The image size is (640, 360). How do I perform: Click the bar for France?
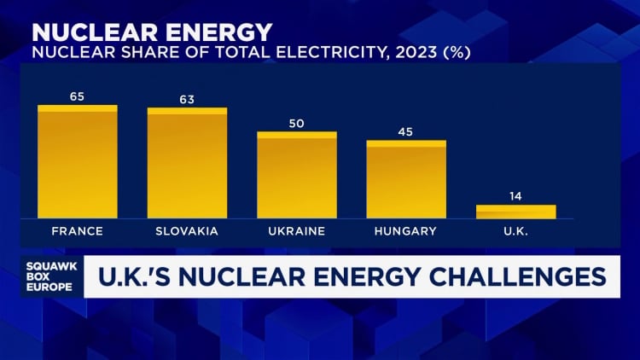click(77, 162)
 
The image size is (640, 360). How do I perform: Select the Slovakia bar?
click(187, 163)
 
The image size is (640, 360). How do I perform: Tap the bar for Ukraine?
click(297, 175)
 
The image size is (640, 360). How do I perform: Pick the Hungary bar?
click(406, 179)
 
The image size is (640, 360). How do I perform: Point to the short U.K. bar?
click(515, 212)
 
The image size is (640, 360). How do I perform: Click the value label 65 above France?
click(77, 96)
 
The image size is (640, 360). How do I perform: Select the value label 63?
click(187, 99)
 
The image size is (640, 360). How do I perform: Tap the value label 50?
click(297, 123)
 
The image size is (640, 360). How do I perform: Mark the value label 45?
click(406, 131)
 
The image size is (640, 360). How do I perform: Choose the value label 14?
click(515, 195)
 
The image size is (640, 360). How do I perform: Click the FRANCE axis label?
click(77, 231)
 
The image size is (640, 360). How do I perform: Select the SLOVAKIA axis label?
click(187, 231)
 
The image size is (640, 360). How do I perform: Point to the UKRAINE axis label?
click(297, 231)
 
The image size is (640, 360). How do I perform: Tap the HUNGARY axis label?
click(406, 231)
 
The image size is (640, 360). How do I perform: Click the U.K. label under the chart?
click(515, 231)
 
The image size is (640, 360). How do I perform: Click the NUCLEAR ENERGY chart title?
click(152, 32)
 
